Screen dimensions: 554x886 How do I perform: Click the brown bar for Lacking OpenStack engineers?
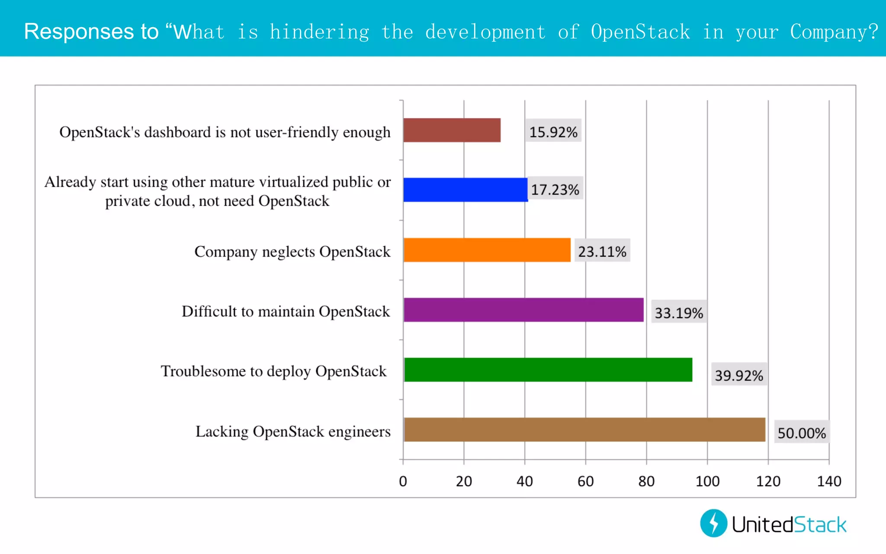(584, 429)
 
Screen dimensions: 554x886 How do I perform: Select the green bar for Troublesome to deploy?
(548, 370)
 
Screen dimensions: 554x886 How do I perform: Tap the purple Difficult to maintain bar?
(523, 310)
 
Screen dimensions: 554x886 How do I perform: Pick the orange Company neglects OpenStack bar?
(487, 250)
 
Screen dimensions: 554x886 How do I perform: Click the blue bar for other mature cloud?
(465, 190)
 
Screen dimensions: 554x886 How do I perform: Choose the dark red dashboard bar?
(452, 130)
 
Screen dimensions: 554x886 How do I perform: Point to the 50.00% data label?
(802, 433)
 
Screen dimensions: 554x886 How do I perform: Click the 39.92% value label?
(739, 375)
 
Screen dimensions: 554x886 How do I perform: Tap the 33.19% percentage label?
(679, 312)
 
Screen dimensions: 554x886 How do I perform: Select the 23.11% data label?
(602, 251)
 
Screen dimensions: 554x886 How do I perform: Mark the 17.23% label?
(555, 189)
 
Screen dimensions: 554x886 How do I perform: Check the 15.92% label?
(553, 132)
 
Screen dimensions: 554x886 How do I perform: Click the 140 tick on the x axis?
(829, 481)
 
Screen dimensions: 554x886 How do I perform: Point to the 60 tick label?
(585, 481)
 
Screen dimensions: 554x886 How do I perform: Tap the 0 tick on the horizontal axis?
(403, 481)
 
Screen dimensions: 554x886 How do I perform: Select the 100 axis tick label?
(707, 481)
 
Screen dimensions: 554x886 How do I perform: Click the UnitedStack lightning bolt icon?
(714, 523)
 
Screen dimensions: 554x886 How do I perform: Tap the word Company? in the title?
(834, 32)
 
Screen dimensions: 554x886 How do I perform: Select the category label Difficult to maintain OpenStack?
(286, 311)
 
